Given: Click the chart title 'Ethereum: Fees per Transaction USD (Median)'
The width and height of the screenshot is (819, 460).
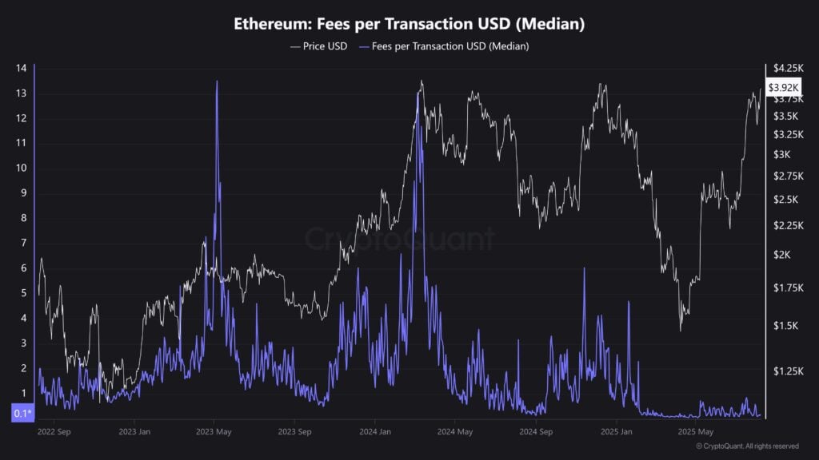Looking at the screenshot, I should tap(409, 24).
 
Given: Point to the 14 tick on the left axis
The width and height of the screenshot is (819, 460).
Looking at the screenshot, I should tap(21, 69).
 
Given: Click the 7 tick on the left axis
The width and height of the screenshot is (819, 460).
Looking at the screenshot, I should tap(23, 243).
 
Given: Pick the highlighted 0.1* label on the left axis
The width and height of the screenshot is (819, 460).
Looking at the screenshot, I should tap(22, 414).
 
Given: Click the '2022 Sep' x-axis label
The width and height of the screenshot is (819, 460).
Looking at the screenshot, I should tap(54, 432).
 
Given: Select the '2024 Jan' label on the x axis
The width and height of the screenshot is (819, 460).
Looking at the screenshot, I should tap(376, 432).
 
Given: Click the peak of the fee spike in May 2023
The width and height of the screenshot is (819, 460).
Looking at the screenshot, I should tap(217, 82).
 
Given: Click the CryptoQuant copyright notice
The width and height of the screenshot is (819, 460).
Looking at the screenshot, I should tap(747, 446).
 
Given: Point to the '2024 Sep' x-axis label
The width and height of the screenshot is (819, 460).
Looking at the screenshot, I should tap(536, 432).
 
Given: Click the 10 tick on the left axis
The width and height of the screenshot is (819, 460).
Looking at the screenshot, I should tap(21, 169).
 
